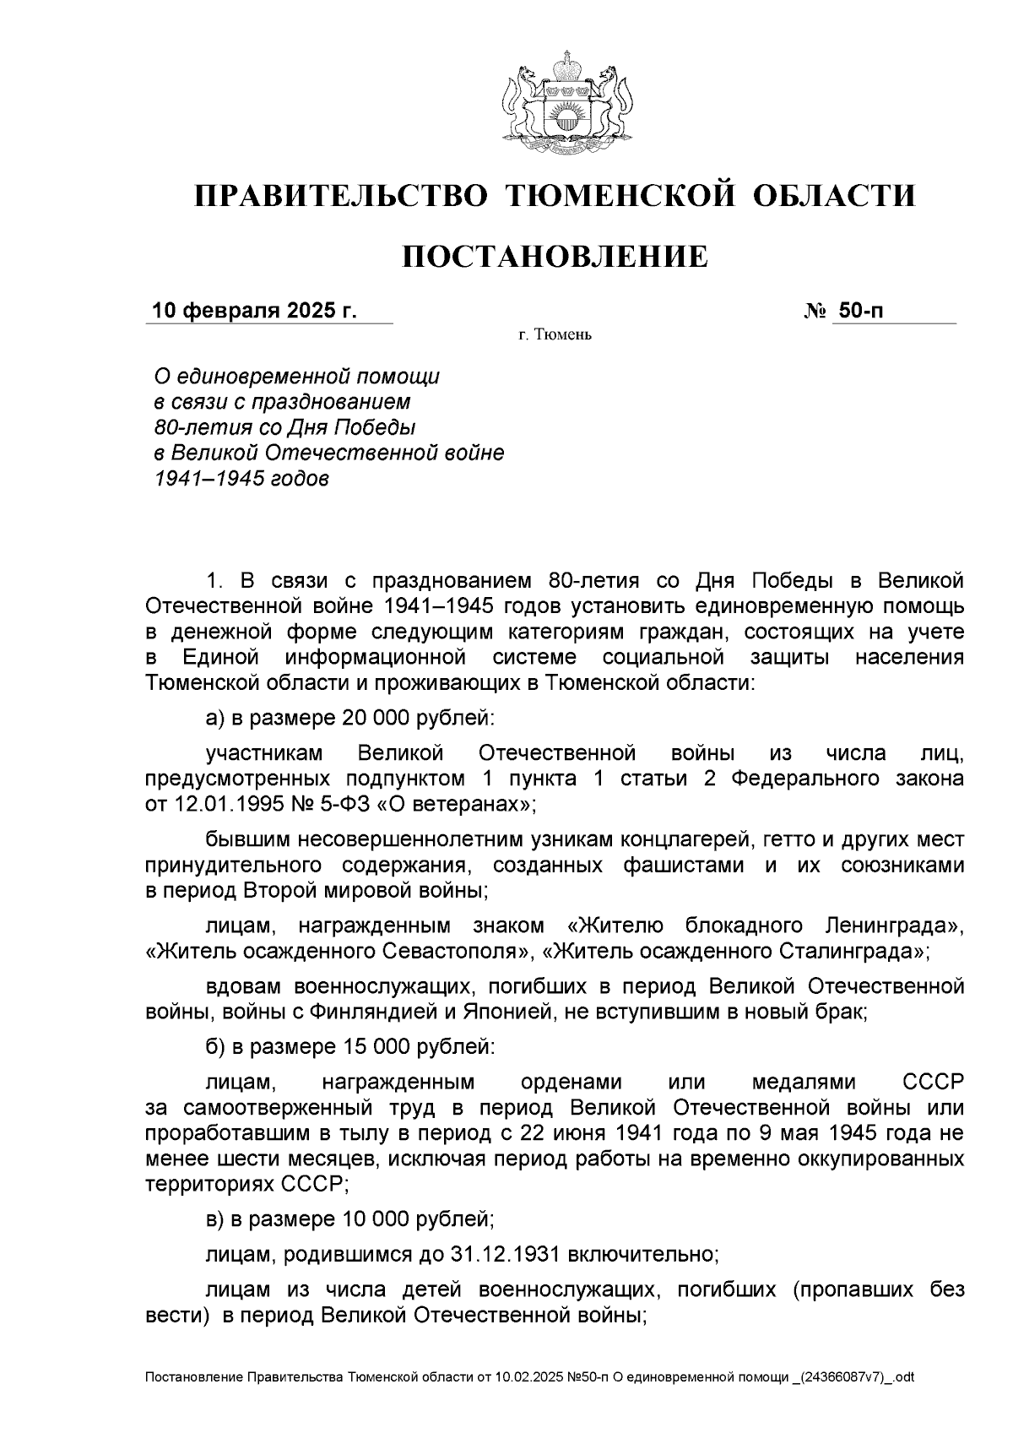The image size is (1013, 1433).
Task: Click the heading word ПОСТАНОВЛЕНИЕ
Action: pyautogui.click(x=555, y=256)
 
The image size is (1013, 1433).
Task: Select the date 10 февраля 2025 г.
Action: pyautogui.click(x=254, y=311)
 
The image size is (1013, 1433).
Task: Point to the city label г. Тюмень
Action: pyautogui.click(x=555, y=335)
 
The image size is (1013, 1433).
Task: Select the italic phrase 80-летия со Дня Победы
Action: pyautogui.click(x=285, y=426)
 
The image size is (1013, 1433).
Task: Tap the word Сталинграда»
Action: pyautogui.click(x=853, y=952)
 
